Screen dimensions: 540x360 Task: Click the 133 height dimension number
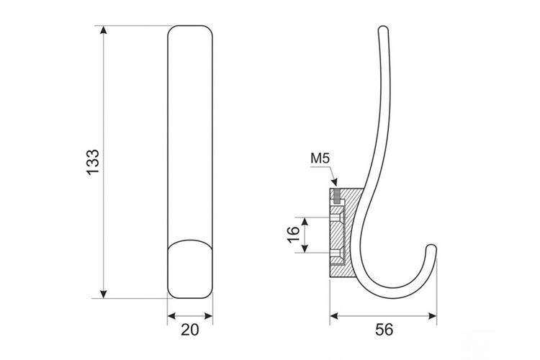point(93,162)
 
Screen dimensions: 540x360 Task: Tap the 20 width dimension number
point(190,330)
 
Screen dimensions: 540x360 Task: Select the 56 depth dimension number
point(384,330)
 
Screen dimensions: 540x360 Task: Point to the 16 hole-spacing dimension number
point(294,235)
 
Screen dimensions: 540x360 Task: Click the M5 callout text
point(320,158)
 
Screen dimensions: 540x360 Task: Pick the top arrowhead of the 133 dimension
point(103,30)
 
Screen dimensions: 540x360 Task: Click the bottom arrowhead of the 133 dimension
point(103,294)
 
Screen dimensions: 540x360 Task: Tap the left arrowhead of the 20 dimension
point(172,316)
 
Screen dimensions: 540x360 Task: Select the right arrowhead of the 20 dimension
point(208,316)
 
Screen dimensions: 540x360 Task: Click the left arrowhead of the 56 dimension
point(334,316)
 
